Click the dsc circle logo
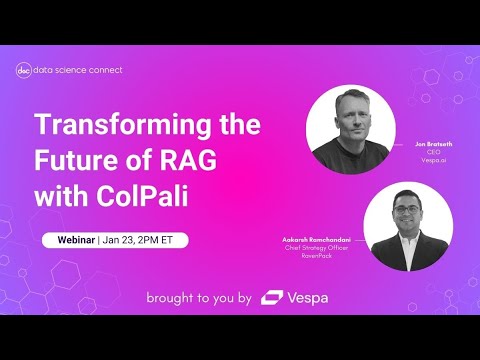[25, 70]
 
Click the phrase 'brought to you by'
[199, 297]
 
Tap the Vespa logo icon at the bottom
[271, 297]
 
